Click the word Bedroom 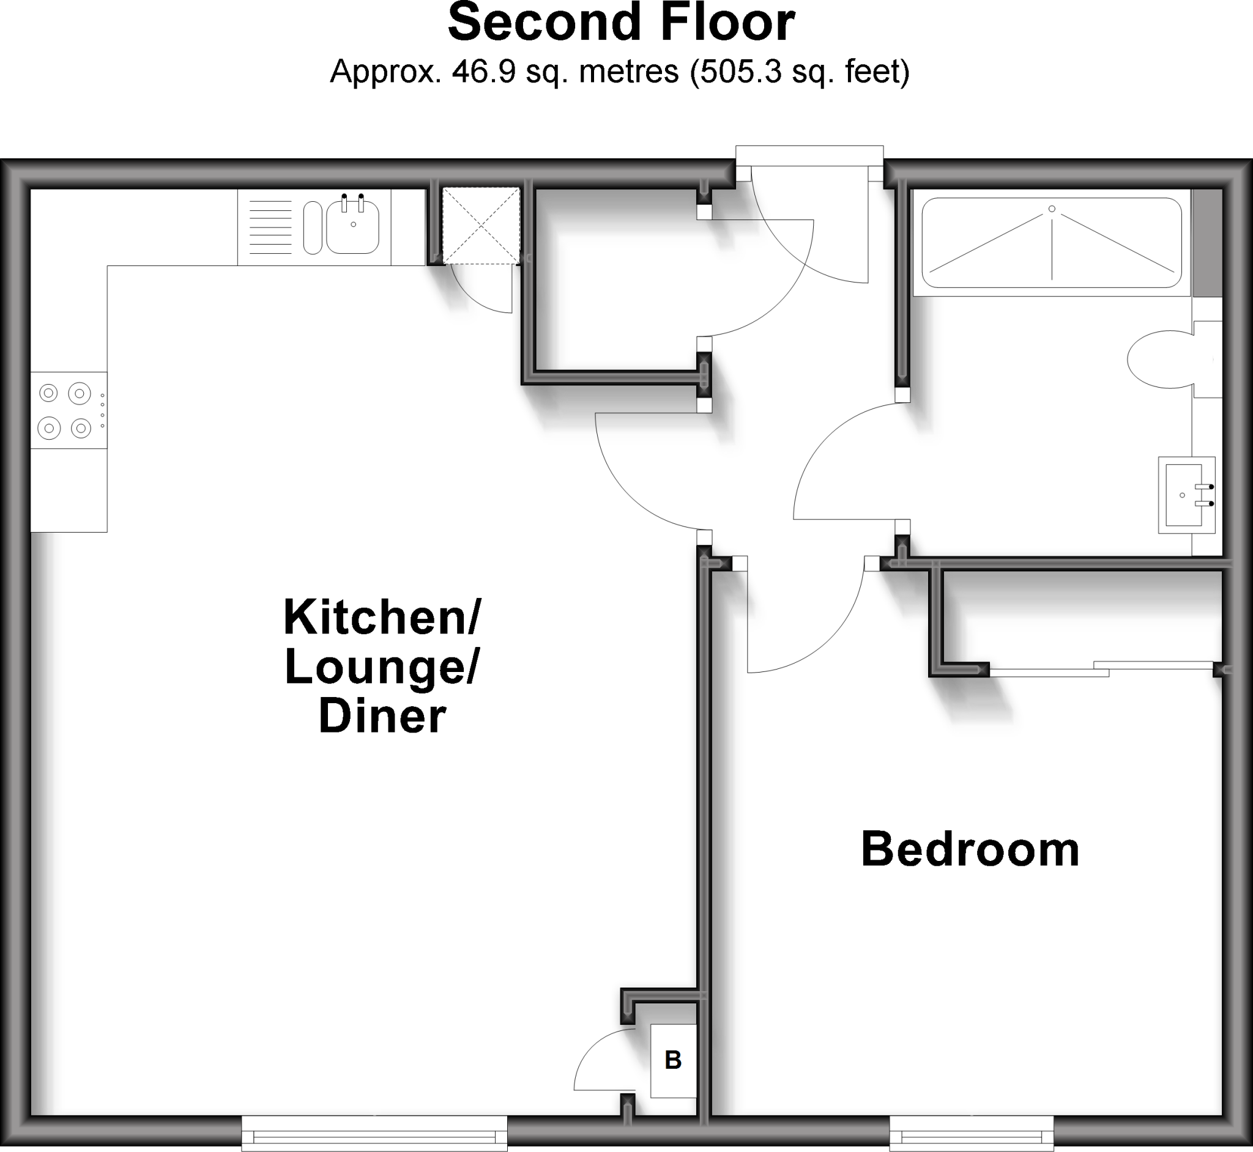[x=970, y=849]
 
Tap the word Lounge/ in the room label [x=381, y=667]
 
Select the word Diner [x=382, y=715]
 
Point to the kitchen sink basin [x=352, y=227]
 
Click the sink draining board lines [x=270, y=227]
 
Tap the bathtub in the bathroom [x=1052, y=243]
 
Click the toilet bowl [x=1159, y=360]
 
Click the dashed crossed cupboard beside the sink [x=481, y=225]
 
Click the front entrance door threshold [x=809, y=156]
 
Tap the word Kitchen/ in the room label [x=382, y=617]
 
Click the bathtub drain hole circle [x=1052, y=209]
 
